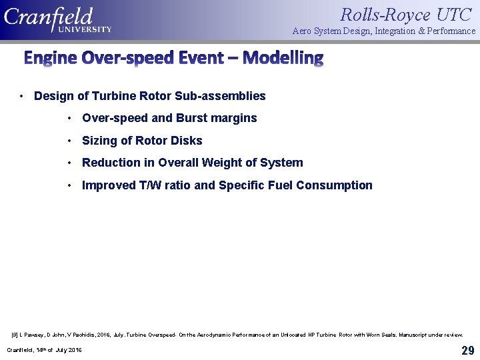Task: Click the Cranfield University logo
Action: [57, 19]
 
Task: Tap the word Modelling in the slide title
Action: [283, 58]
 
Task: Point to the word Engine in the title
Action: [51, 58]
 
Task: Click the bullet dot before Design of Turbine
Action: [22, 96]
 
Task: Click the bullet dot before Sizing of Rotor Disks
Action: [69, 141]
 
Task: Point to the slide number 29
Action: [467, 351]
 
